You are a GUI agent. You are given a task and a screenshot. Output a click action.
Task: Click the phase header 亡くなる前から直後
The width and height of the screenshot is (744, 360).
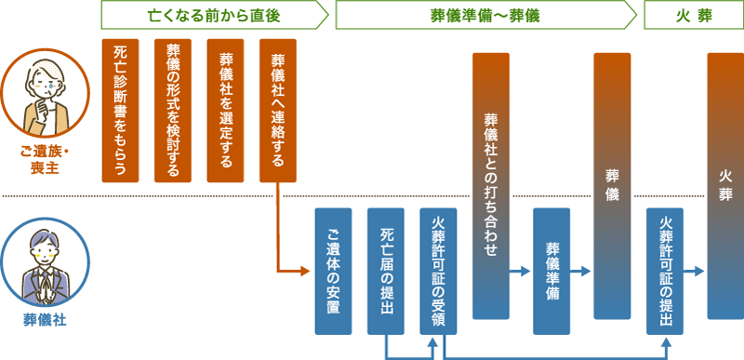(x=213, y=16)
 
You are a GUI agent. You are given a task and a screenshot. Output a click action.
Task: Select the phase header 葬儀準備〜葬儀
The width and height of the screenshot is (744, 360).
(x=485, y=16)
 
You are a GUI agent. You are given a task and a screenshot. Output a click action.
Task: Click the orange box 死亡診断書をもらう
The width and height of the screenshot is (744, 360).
(x=119, y=110)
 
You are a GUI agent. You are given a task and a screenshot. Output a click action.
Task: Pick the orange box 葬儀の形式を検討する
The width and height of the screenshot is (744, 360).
(x=172, y=110)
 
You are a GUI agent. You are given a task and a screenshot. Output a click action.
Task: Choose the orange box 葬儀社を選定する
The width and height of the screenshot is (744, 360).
(x=225, y=110)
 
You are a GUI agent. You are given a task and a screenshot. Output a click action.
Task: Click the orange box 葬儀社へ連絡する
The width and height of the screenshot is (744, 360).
(x=278, y=110)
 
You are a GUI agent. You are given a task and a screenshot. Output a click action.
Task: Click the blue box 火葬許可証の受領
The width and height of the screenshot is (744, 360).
(x=439, y=271)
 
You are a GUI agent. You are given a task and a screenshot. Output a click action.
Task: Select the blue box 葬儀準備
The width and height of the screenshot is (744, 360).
(x=551, y=271)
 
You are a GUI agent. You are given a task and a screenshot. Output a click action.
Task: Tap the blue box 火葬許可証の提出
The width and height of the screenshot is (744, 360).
(x=665, y=271)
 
